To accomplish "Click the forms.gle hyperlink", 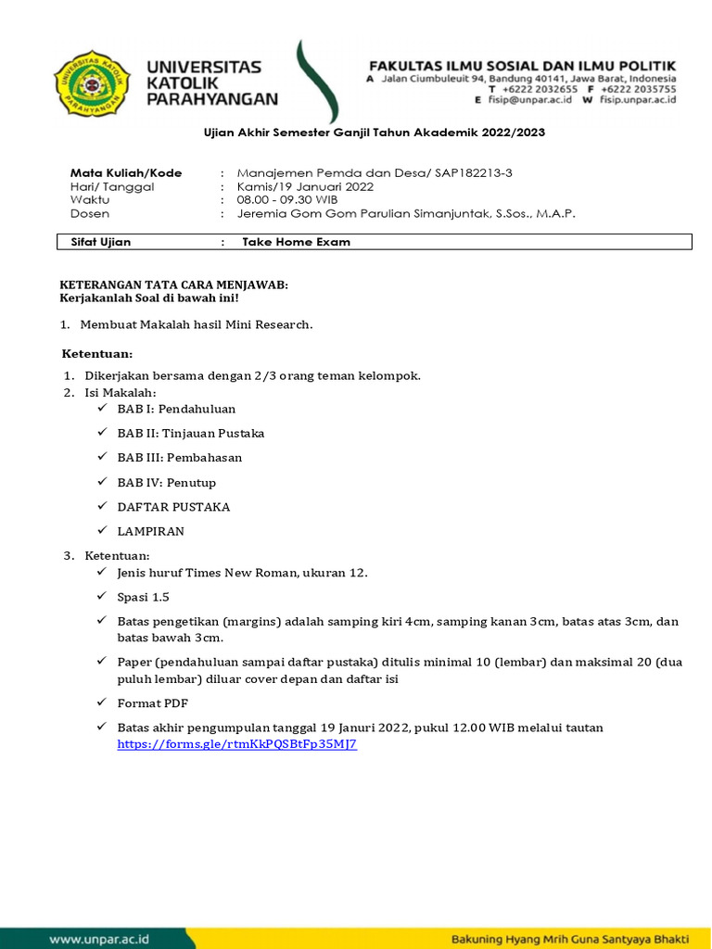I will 236,743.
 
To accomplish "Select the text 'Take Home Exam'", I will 296,242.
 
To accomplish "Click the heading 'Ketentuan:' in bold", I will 97,354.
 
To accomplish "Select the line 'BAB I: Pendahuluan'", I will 176,409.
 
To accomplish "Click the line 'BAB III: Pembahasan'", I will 180,458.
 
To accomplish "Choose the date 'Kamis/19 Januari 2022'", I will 305,186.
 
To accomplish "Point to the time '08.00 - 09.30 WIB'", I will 287,199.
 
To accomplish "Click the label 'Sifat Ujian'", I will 101,242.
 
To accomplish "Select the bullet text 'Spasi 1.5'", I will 143,597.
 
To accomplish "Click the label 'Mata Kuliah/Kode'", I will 126,172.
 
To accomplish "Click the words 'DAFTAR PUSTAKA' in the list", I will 173,507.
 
